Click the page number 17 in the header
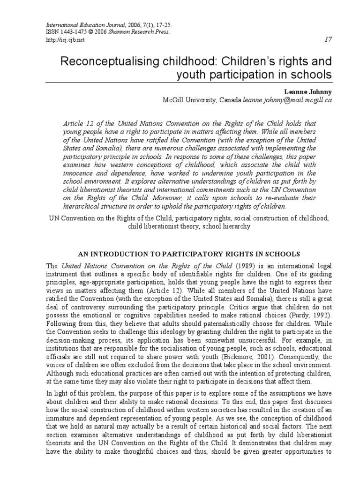(x=328, y=39)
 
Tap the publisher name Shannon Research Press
(x=143, y=31)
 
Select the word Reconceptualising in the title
(x=111, y=61)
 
